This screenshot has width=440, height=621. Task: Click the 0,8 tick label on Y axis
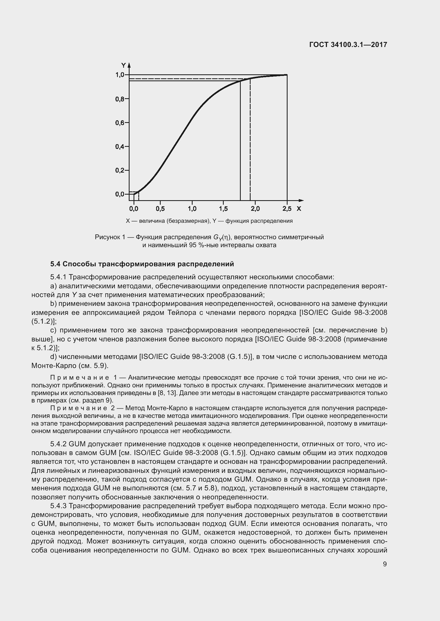119,99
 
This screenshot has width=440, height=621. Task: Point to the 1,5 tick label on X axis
223,209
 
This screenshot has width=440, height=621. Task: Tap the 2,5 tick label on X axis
287,209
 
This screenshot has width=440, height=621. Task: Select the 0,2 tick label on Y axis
119,170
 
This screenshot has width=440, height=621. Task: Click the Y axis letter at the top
123,66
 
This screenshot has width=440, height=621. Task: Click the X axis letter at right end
299,209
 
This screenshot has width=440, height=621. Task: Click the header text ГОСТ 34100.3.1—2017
348,45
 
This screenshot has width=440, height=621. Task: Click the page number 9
385,564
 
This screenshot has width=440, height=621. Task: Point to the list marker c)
53,330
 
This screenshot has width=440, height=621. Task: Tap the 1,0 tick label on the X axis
192,209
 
